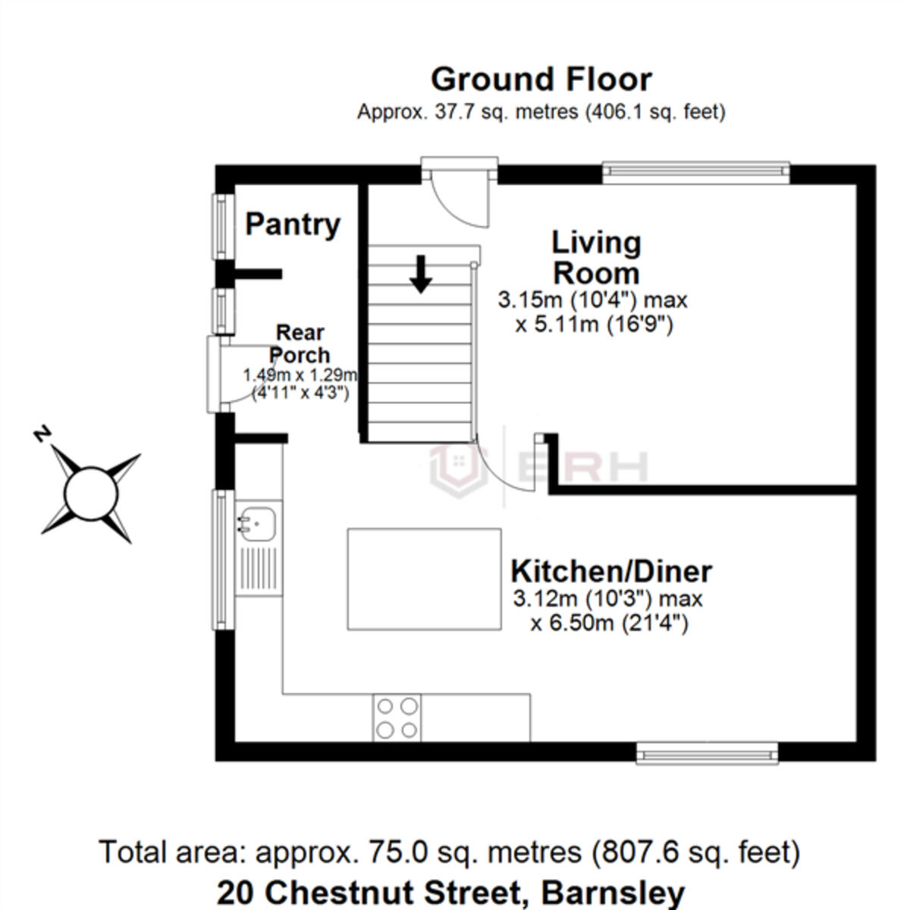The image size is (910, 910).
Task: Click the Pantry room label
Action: (293, 224)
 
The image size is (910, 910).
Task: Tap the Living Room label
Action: (597, 258)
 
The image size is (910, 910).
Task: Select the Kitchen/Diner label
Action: (611, 572)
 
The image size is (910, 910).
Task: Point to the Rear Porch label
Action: (300, 344)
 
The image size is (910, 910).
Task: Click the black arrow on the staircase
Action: (421, 275)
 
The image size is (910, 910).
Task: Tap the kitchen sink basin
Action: (256, 524)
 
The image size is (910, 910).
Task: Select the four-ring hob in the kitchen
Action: (397, 717)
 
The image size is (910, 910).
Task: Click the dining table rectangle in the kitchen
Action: (424, 579)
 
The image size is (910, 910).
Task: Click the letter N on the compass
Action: (42, 434)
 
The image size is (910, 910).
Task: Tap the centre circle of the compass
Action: (91, 494)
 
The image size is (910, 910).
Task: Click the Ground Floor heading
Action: (541, 80)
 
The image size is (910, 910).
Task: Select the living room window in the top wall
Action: (695, 173)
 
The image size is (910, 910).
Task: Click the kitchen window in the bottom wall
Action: (707, 753)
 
